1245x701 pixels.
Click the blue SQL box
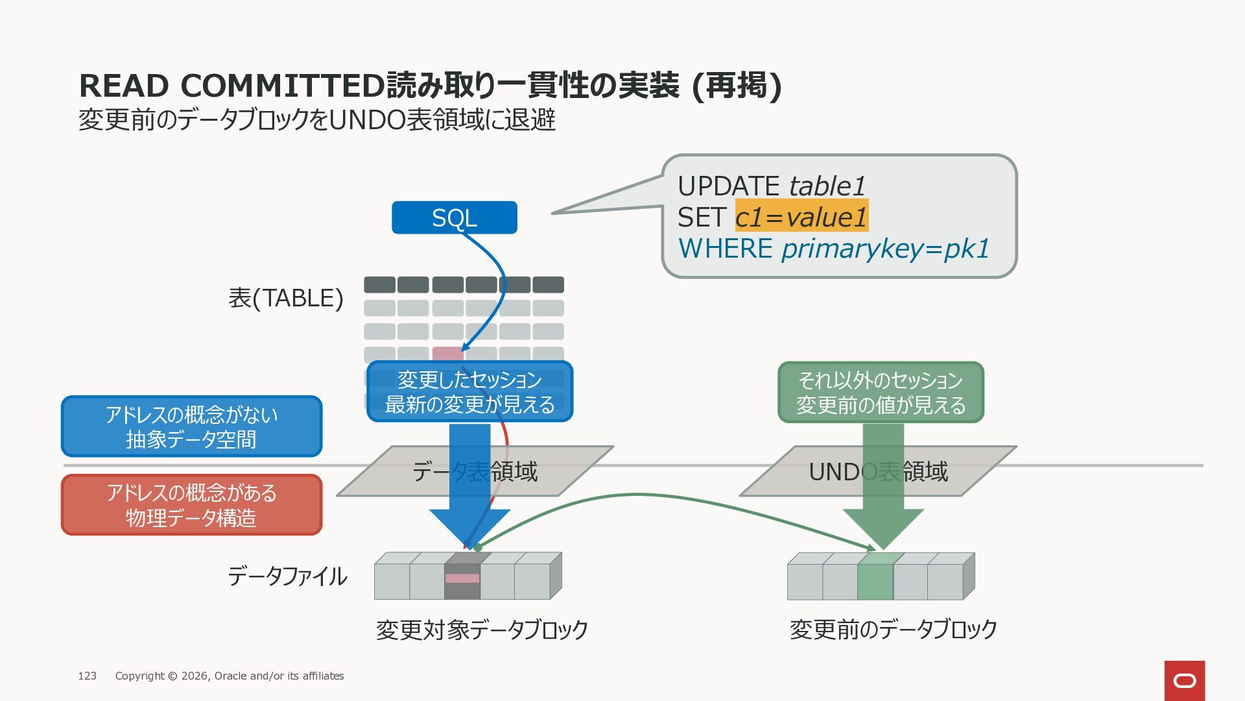[455, 217]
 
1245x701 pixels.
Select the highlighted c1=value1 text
[801, 216]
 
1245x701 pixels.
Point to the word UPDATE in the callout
[729, 186]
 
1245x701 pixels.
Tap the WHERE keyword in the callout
[725, 249]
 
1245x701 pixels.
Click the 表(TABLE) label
[285, 298]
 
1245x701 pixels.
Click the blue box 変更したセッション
[470, 391]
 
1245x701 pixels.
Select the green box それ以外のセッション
[881, 392]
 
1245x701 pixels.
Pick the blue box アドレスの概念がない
[191, 426]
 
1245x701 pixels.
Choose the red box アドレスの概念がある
[191, 505]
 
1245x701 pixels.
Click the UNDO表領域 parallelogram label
[878, 471]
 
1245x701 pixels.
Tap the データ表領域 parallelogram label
[475, 471]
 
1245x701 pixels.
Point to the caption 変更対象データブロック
[482, 630]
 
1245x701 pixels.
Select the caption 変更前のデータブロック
[893, 629]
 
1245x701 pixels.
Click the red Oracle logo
[1185, 681]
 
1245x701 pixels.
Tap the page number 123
[87, 676]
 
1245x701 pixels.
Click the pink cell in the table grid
[447, 354]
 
